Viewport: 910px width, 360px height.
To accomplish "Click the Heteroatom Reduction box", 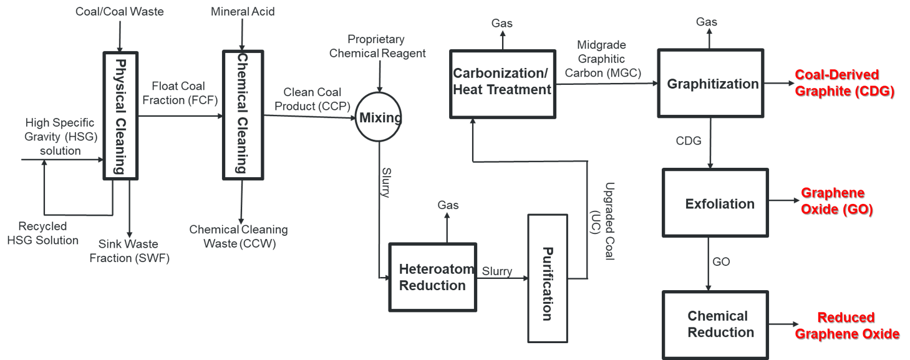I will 432,278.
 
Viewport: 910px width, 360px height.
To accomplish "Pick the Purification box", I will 547,278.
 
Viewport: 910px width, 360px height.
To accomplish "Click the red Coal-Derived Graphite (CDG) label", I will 844,83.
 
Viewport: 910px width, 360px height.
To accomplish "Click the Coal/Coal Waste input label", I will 120,12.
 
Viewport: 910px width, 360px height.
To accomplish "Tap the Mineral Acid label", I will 243,12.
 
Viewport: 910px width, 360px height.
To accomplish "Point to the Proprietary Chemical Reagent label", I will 378,46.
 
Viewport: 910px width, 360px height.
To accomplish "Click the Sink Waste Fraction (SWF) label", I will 129,250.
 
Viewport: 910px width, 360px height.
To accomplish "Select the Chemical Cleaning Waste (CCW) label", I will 238,236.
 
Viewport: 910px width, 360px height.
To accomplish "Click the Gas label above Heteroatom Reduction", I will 448,205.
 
